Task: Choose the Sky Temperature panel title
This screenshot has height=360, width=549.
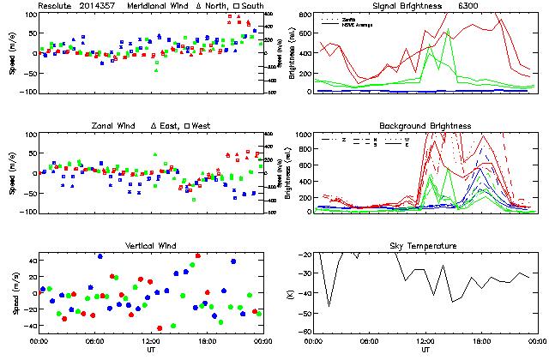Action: click(x=425, y=246)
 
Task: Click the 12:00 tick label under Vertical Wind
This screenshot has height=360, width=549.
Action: click(x=150, y=342)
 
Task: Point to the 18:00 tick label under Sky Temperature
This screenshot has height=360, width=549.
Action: click(x=480, y=342)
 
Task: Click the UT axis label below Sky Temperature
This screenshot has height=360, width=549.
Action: click(x=425, y=351)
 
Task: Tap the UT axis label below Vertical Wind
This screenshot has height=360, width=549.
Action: click(x=150, y=351)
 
